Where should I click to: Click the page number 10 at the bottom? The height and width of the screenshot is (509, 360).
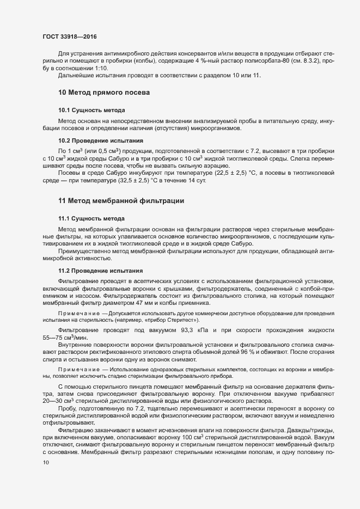tap(46, 463)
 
